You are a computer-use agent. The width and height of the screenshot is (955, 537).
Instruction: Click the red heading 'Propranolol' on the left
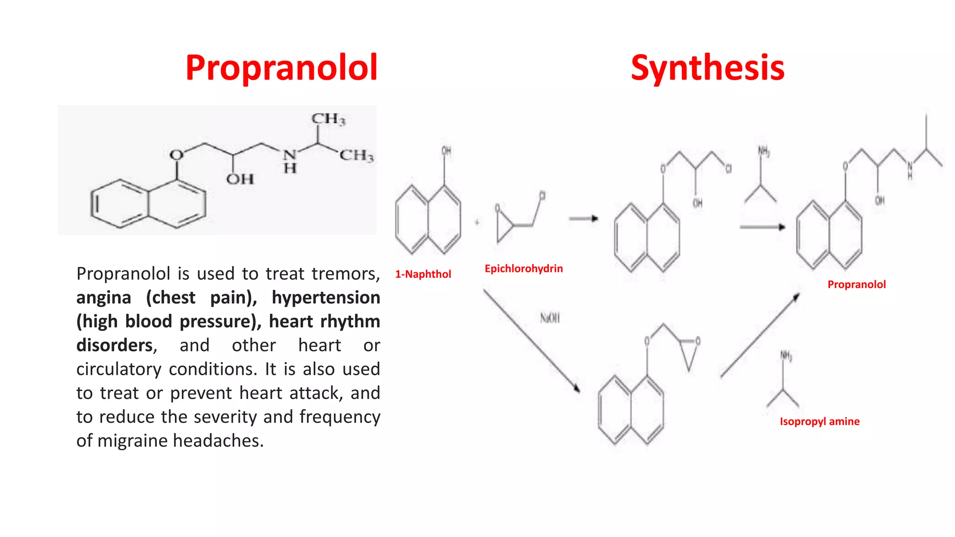[x=281, y=68]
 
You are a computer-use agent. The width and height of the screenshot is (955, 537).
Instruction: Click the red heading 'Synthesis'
[x=707, y=68]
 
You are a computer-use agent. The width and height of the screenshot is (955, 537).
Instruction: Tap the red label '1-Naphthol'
[x=423, y=274]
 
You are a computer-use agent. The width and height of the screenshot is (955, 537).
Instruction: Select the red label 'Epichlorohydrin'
[x=524, y=268]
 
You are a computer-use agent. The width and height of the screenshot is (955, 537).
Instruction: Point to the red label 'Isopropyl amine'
[x=819, y=421]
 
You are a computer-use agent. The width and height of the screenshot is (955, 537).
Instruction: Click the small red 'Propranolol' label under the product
[x=856, y=284]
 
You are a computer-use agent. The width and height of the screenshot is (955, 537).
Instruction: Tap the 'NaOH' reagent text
[x=550, y=318]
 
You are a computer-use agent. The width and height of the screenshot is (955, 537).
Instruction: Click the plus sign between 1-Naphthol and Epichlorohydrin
[x=477, y=222]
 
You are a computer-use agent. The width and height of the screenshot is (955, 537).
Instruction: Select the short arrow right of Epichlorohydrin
[x=583, y=218]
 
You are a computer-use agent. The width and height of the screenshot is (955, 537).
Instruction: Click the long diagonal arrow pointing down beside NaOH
[x=532, y=341]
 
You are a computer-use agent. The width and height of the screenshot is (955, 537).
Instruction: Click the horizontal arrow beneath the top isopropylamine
[x=762, y=227]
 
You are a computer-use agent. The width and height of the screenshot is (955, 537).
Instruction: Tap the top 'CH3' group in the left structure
[x=329, y=119]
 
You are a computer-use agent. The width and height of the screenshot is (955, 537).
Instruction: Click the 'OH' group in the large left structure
[x=240, y=179]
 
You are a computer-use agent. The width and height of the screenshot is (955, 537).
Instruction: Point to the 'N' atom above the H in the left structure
[x=290, y=154]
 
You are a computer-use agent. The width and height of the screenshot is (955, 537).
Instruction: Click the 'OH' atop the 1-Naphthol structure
[x=446, y=151]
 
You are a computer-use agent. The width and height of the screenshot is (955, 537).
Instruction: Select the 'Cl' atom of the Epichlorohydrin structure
[x=542, y=196]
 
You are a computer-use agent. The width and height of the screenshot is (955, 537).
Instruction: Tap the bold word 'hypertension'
[x=325, y=297]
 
